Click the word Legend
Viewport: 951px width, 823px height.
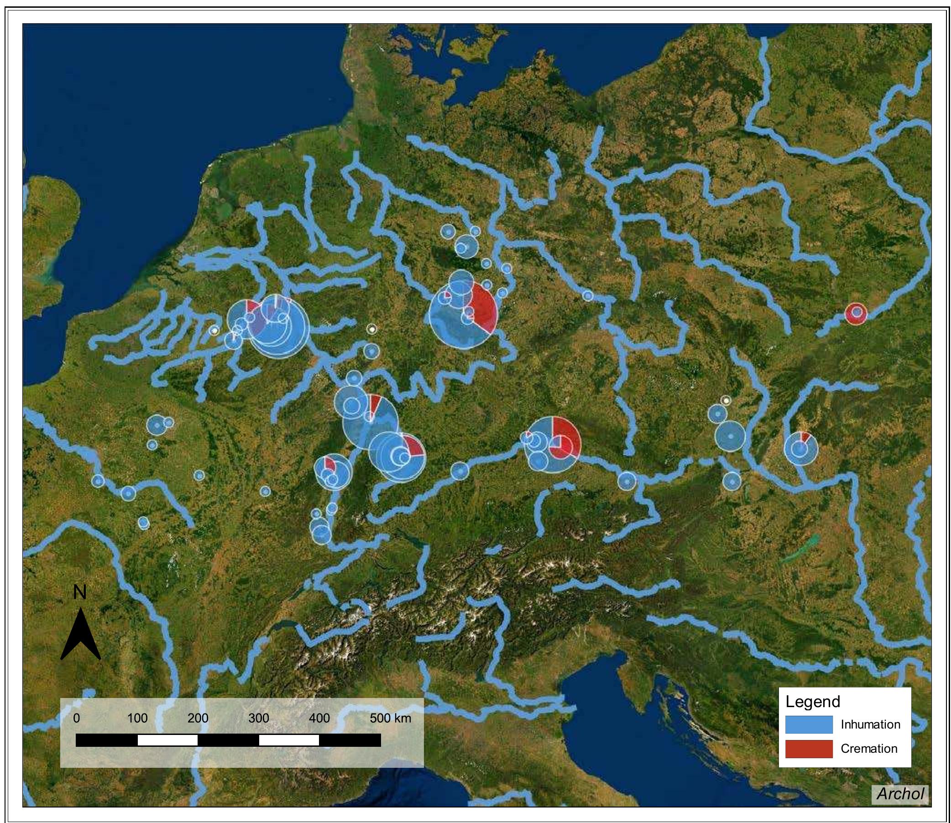813,702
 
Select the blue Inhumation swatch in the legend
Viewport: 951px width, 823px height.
809,724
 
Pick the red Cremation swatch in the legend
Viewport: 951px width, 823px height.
809,749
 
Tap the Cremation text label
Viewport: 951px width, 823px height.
869,749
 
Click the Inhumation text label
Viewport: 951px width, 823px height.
870,724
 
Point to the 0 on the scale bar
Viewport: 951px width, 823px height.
76,718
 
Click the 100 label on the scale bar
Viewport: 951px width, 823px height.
137,718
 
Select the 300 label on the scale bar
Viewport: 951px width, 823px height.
259,718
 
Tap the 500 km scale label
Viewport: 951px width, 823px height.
390,718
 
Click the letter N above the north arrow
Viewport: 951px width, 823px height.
79,592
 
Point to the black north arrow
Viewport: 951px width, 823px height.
80,636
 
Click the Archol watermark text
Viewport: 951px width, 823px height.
900,794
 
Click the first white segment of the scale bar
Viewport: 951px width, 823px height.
167,740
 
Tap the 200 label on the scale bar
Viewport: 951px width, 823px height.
198,718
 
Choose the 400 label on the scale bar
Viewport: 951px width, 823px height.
319,718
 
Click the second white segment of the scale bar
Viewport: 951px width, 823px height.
288,740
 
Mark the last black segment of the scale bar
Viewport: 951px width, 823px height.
350,740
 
